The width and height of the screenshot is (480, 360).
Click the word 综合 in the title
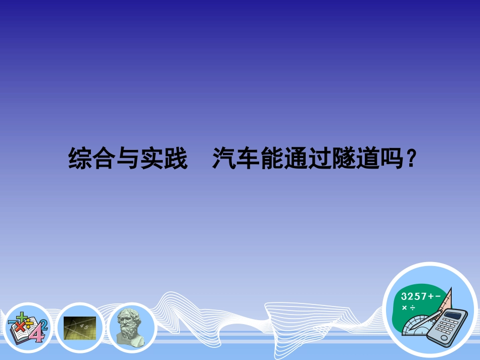(x=91, y=159)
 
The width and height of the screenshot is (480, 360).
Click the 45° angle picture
(x=80, y=328)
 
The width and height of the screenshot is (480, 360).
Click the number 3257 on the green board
(x=413, y=297)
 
